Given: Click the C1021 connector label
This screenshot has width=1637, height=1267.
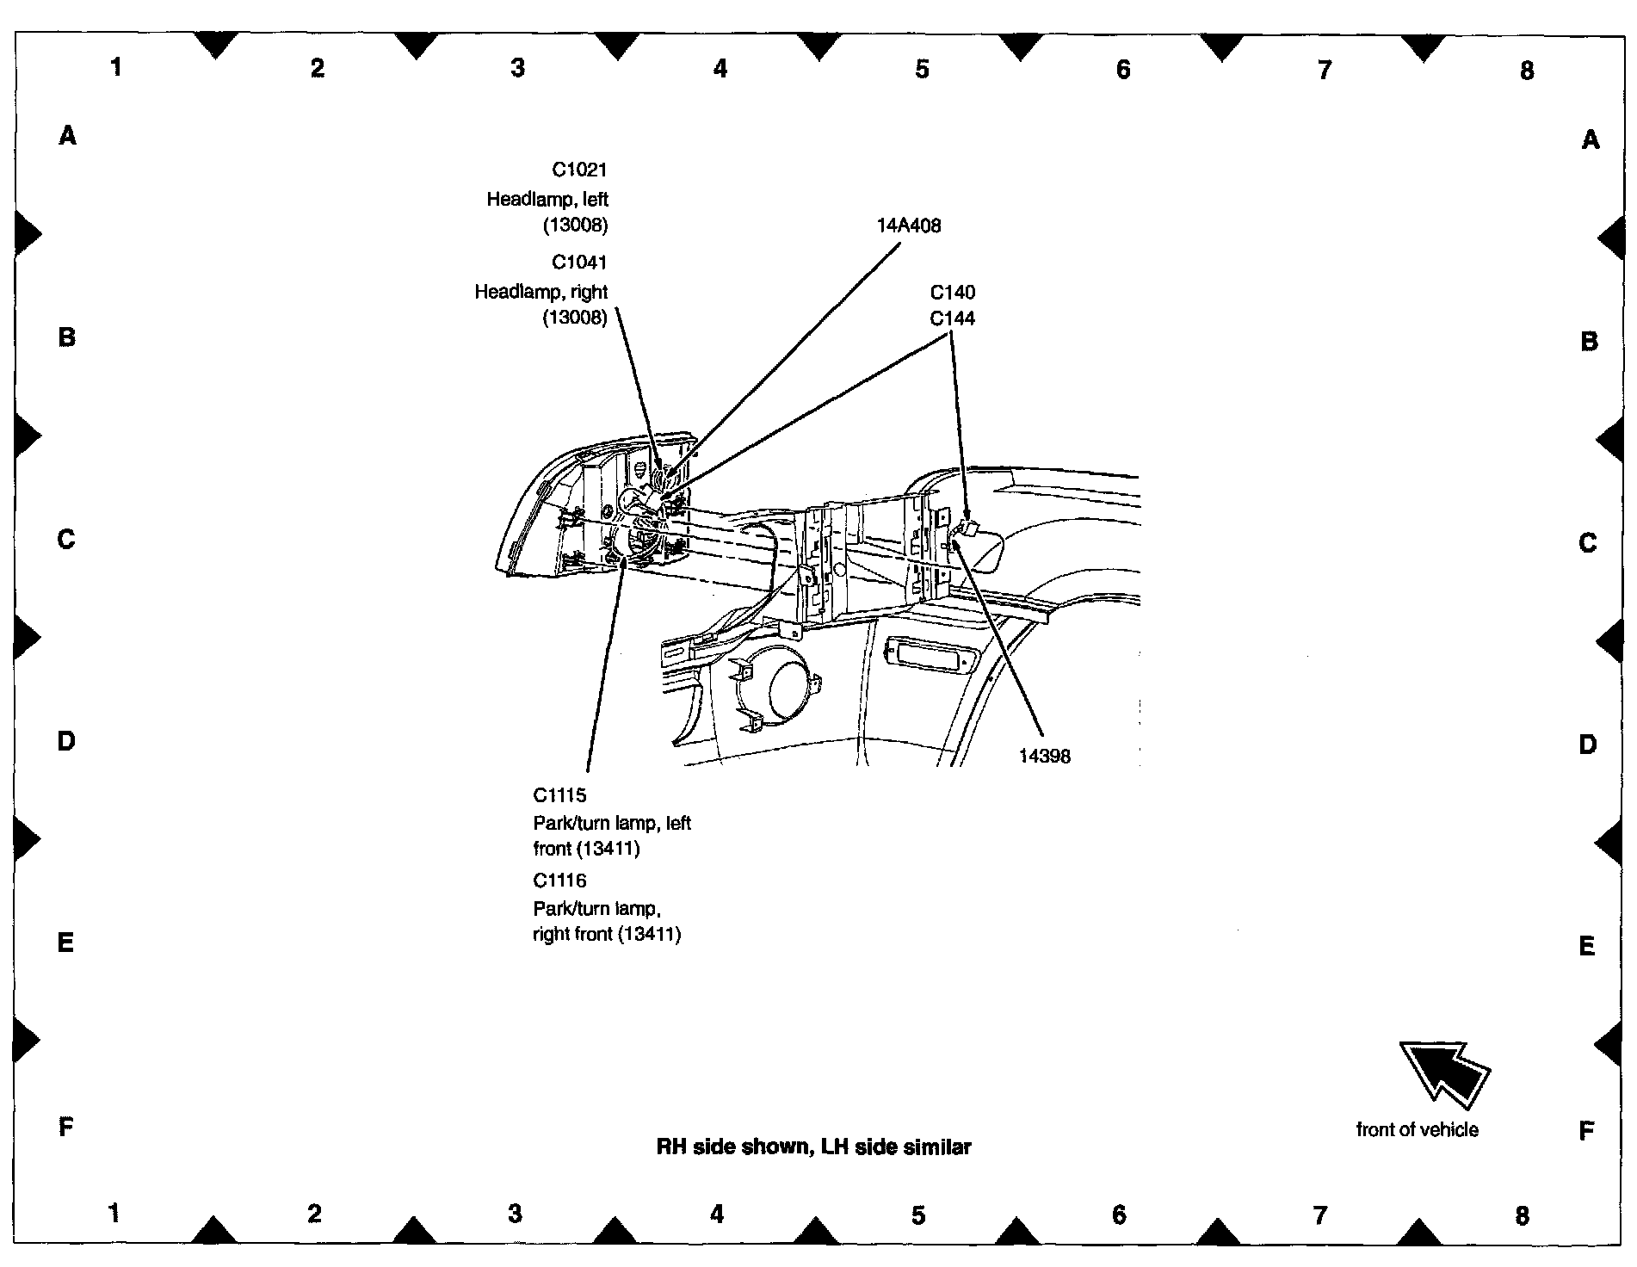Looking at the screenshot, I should [x=579, y=170].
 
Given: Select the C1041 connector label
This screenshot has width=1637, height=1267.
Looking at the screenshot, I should [x=579, y=263].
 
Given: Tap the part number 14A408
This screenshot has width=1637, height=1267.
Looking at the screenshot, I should [x=909, y=226].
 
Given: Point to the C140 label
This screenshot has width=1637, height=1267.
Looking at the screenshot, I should [x=952, y=293].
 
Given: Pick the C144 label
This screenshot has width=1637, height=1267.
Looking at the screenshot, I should [x=952, y=318].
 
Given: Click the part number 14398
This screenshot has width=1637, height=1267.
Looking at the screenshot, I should [x=1044, y=757].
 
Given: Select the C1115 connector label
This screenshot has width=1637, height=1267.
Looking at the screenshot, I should [x=559, y=795].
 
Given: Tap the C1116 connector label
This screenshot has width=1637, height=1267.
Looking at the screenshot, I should [x=559, y=881].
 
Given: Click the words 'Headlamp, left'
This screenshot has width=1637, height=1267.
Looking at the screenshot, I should [x=547, y=200].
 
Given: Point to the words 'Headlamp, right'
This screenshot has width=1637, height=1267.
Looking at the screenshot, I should [x=541, y=293].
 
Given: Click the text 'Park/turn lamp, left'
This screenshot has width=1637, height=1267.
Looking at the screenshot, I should [x=612, y=823].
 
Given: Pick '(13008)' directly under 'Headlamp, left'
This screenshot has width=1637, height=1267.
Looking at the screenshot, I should [x=575, y=226].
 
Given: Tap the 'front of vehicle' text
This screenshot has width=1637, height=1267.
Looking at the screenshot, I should [x=1417, y=1130].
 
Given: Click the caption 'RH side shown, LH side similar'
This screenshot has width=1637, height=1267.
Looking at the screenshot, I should [x=813, y=1147].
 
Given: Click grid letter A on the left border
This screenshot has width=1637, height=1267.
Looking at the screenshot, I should [x=67, y=135].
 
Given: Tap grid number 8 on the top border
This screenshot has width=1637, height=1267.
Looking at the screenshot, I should [x=1526, y=71].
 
